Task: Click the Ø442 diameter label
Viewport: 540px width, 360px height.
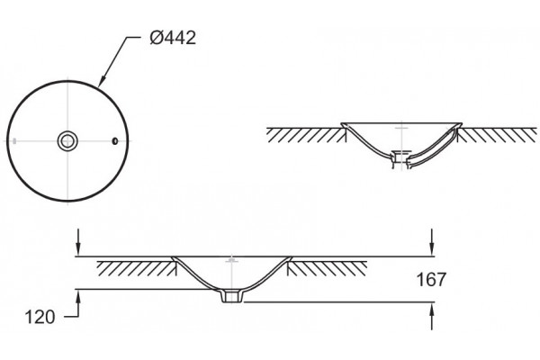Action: (173, 38)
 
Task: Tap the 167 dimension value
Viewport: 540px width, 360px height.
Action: (431, 279)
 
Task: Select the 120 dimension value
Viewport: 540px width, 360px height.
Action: (40, 317)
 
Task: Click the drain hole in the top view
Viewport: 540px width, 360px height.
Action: (67, 141)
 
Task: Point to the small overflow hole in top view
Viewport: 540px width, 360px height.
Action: (115, 141)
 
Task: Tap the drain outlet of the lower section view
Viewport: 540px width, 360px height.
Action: (231, 296)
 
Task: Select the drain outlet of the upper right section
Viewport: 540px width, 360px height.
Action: (400, 158)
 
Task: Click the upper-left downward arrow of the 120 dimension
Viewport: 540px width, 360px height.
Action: (78, 242)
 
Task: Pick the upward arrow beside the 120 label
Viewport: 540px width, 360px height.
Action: (78, 303)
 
